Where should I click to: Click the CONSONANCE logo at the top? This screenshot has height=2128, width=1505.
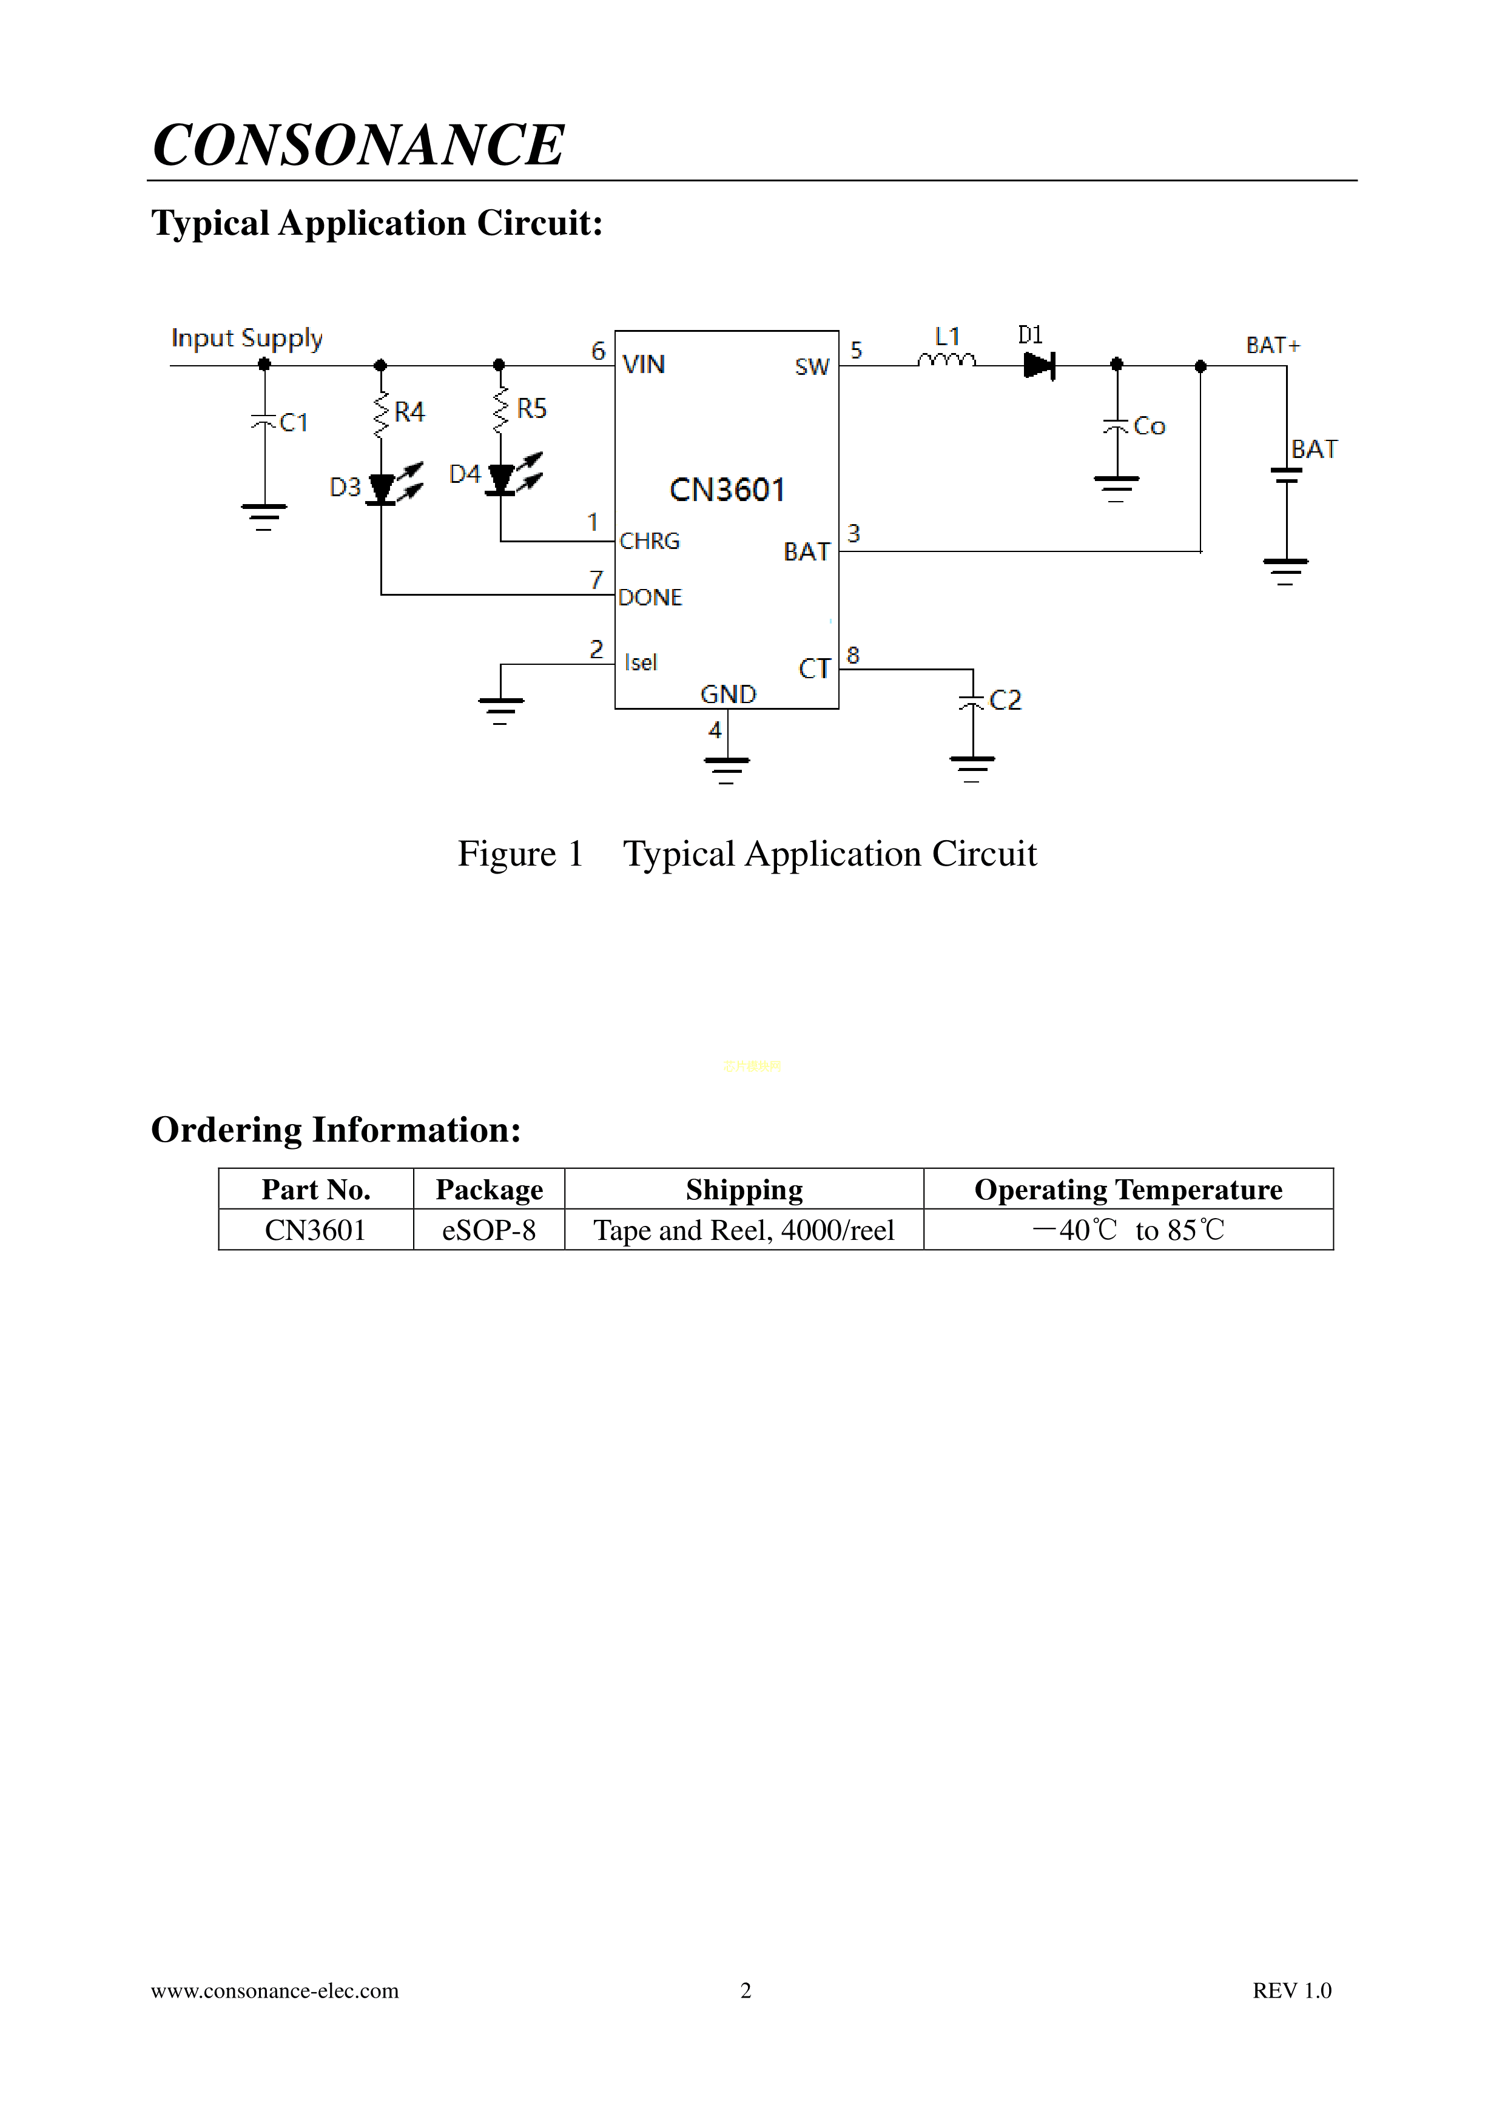pyautogui.click(x=358, y=146)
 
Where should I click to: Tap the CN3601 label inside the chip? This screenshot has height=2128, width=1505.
pyautogui.click(x=727, y=490)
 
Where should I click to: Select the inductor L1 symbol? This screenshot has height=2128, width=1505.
pyautogui.click(x=946, y=360)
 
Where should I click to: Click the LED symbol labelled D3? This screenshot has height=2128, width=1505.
pyautogui.click(x=382, y=488)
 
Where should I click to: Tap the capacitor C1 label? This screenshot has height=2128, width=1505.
pyautogui.click(x=293, y=423)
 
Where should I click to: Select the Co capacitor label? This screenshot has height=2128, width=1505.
pyautogui.click(x=1149, y=426)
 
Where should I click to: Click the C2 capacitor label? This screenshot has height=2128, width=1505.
pyautogui.click(x=1006, y=700)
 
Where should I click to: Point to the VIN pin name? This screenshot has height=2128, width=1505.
pyautogui.click(x=643, y=364)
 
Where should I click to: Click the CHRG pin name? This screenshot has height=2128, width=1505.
pyautogui.click(x=650, y=541)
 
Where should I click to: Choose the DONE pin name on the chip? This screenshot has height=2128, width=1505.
pyautogui.click(x=650, y=598)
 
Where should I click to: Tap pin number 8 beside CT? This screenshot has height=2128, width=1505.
pyautogui.click(x=852, y=655)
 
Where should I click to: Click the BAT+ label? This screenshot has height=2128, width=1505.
pyautogui.click(x=1273, y=346)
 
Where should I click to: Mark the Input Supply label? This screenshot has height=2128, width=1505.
pyautogui.click(x=246, y=338)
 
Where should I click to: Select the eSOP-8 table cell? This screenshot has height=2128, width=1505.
pyautogui.click(x=488, y=1230)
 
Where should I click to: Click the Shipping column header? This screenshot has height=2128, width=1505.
pyautogui.click(x=744, y=1189)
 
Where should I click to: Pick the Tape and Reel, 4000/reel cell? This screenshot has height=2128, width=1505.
pyautogui.click(x=744, y=1230)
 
